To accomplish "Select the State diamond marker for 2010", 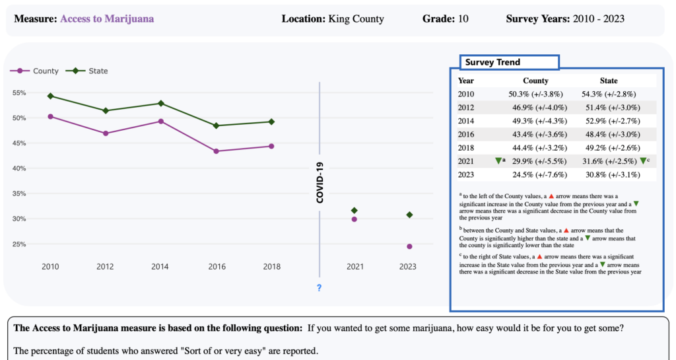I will pos(50,96).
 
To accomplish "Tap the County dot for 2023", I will pos(409,246).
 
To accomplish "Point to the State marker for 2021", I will pos(355,210).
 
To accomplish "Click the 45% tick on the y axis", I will pos(20,143).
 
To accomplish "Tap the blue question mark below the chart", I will pos(319,288).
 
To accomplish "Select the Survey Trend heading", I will pos(492,62).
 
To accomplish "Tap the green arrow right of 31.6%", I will pos(643,161).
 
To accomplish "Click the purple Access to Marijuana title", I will pos(107,19).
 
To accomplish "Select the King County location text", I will pos(356,19).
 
